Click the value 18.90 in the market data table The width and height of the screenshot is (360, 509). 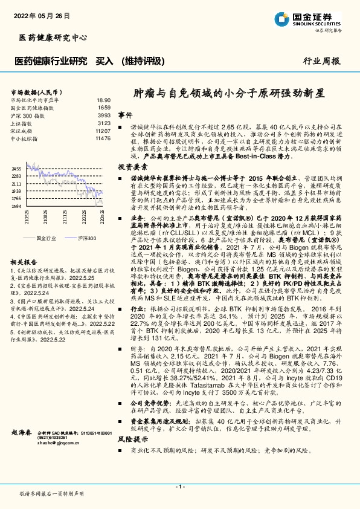click(103, 100)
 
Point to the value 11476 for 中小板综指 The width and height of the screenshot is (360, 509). click(103, 138)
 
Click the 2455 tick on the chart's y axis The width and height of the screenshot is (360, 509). click(16, 169)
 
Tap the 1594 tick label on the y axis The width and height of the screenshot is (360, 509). click(16, 206)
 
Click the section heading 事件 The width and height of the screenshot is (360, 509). click(125, 115)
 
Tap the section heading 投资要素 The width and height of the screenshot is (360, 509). click(132, 166)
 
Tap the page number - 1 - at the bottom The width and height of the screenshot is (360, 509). click(179, 487)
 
